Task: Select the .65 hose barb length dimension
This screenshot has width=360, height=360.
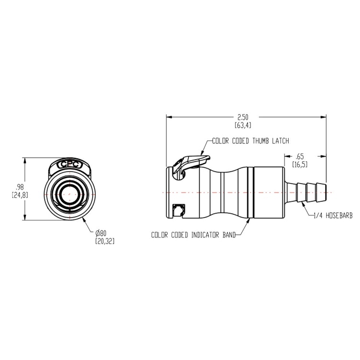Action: coord(300,156)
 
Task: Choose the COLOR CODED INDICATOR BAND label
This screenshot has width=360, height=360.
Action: coord(193,235)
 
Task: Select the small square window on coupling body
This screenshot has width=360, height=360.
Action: coord(179,209)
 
